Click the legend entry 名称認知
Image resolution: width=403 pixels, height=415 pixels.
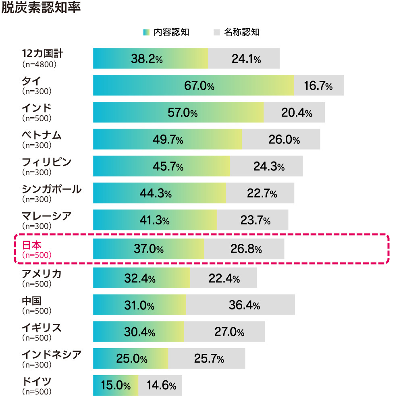(x=241, y=33)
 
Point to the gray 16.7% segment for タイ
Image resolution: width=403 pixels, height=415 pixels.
(x=318, y=86)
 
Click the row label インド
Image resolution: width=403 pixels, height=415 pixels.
(x=36, y=108)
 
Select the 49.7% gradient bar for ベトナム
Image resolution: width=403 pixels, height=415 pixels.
(x=168, y=139)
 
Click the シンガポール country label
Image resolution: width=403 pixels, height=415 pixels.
(x=51, y=189)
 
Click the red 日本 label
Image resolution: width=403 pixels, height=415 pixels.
(x=31, y=245)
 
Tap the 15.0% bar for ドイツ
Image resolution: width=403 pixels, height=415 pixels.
(x=115, y=386)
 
